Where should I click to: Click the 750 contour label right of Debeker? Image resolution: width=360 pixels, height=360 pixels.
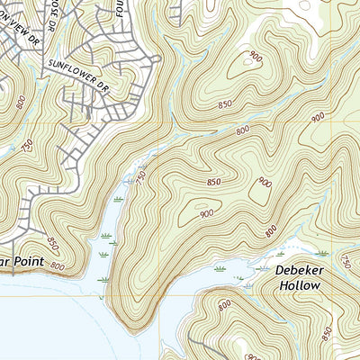pyautogui.click(x=346, y=260)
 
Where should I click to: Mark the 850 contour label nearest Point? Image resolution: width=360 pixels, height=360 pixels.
pyautogui.click(x=52, y=243)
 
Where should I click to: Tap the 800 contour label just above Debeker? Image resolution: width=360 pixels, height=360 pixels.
pyautogui.click(x=270, y=231)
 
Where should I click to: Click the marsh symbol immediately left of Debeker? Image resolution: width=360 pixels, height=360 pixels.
pyautogui.click(x=262, y=268)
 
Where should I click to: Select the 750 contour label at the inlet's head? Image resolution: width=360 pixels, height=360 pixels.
pyautogui.click(x=141, y=177)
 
